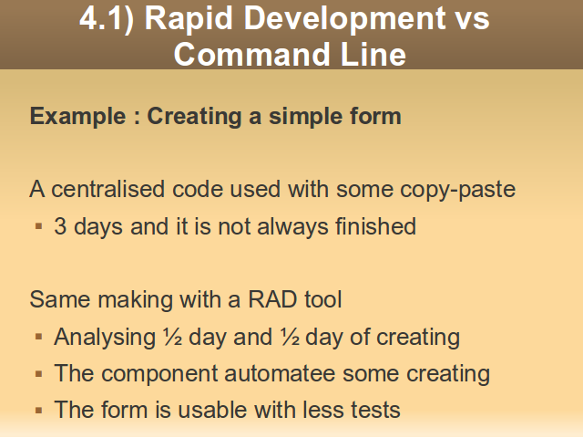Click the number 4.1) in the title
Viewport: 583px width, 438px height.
coord(107,18)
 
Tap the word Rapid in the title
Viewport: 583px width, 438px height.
coord(189,18)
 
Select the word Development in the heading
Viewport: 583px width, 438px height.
coord(344,18)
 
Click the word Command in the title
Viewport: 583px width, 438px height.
coord(251,54)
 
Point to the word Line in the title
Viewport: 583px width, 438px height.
coord(373,54)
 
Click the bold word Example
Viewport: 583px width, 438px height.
coord(78,117)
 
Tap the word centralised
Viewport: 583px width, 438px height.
coord(107,189)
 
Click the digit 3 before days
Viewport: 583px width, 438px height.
coord(60,226)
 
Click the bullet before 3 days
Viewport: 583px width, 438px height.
coord(38,226)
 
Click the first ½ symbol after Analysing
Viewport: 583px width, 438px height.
coord(172,337)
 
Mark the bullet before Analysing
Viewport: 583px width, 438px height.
coord(38,337)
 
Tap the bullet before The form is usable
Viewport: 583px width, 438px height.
coord(38,411)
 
